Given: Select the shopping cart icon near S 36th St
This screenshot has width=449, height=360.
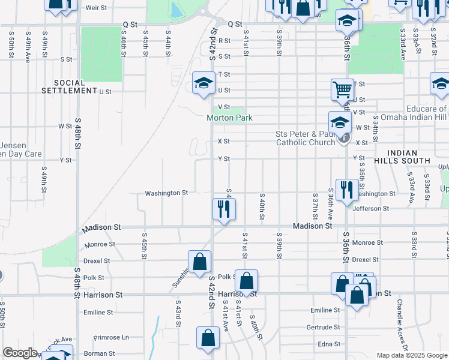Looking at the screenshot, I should point(342,89).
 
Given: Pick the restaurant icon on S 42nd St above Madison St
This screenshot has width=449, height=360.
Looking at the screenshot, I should point(224,209).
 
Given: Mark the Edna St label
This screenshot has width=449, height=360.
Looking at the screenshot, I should point(329,344).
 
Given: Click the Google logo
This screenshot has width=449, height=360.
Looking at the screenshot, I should point(19,353).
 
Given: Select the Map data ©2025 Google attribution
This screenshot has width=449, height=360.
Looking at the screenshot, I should point(411,355).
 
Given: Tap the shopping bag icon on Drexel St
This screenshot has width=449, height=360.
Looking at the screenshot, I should point(199,262).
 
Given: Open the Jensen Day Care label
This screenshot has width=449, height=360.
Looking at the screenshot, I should point(20,149).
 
